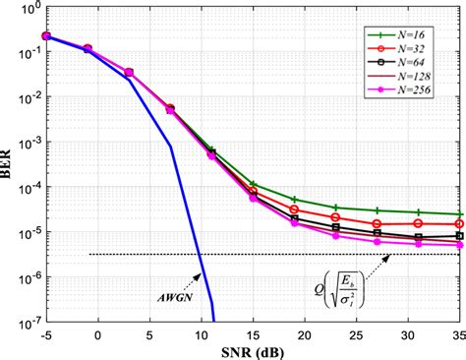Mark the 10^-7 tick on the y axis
27,320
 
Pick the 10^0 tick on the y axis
28,9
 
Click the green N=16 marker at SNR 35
460,214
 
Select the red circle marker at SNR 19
295,210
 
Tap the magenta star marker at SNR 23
336,236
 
